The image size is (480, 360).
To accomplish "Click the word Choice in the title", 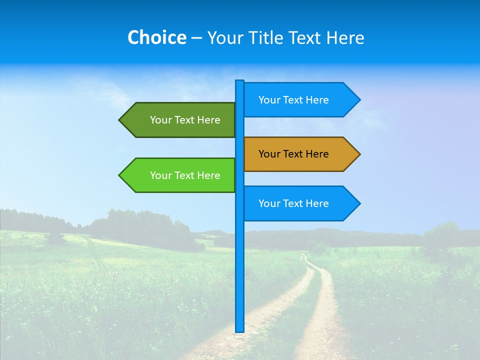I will tap(156, 37).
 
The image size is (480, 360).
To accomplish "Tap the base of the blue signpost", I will tap(239, 330).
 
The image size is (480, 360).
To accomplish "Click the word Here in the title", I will tap(345, 37).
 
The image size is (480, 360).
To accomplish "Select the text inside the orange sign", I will tap(293, 154).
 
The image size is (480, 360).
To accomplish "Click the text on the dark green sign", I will tap(185, 120).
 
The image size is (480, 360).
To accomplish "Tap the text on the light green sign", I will tap(185, 175).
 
